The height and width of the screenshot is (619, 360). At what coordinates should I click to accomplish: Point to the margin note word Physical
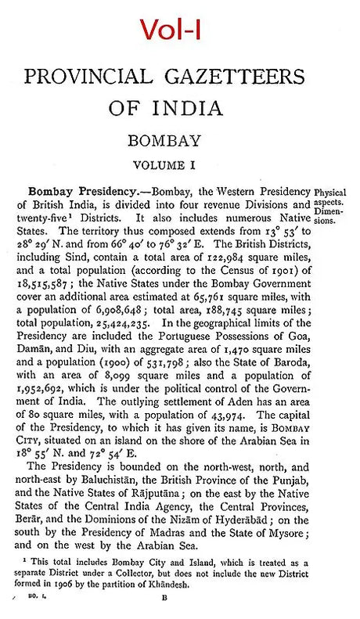pyautogui.click(x=333, y=193)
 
